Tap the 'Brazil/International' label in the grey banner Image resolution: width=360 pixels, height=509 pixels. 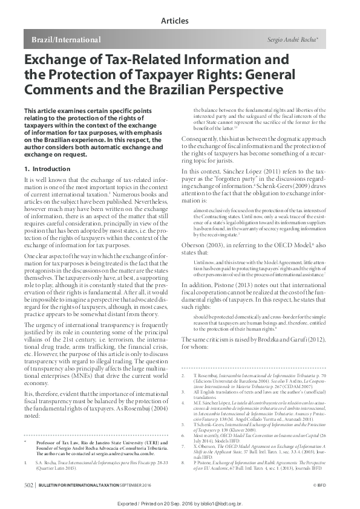62,40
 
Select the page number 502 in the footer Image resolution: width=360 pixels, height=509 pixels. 28,485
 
